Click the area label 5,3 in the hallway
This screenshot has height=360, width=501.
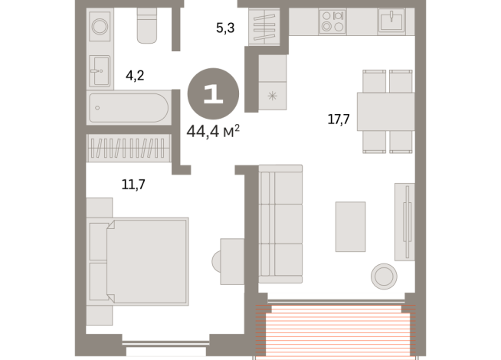point(224,29)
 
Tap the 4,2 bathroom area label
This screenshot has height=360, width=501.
point(136,75)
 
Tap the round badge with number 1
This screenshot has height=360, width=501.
point(213,94)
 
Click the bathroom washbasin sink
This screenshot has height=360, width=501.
point(100,73)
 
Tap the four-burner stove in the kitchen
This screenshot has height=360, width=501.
point(332,22)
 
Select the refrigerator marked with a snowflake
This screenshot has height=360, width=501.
point(271,97)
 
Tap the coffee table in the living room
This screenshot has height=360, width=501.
point(351,226)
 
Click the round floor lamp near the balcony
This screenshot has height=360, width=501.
point(383,275)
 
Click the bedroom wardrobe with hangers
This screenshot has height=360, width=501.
point(129,147)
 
